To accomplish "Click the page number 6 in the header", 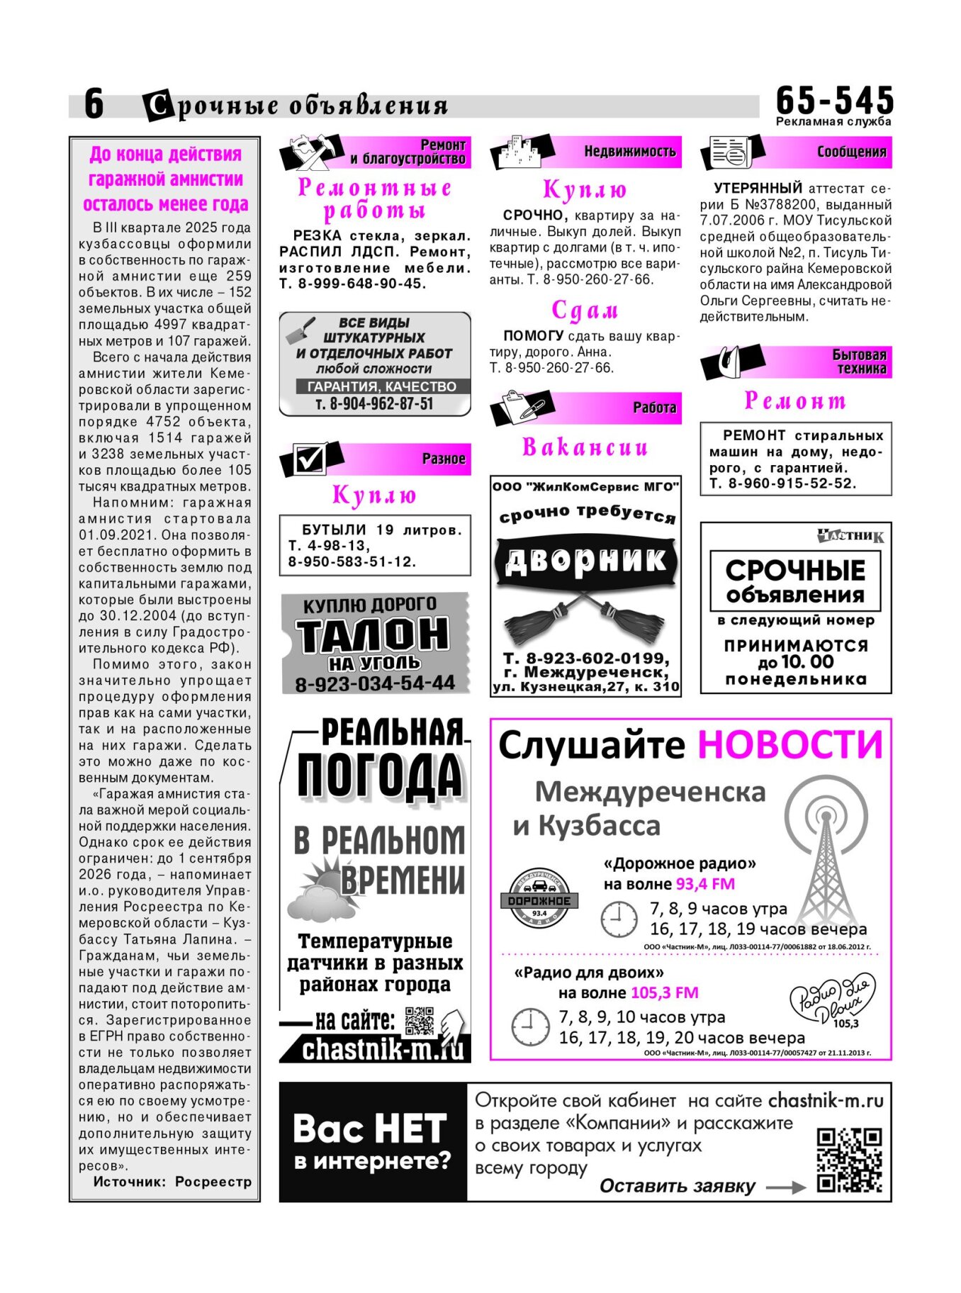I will click(94, 103).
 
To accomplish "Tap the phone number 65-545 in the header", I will click(834, 100).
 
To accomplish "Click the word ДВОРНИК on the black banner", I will click(585, 560).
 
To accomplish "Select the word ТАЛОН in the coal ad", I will click(373, 634).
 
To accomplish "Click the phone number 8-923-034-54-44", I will click(375, 683).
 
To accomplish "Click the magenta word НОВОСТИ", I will click(791, 745).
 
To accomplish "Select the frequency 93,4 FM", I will click(705, 884).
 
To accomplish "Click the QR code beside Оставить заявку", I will click(849, 1160).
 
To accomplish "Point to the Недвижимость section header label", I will click(629, 151).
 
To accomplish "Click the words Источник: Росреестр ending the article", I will click(172, 1182).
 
